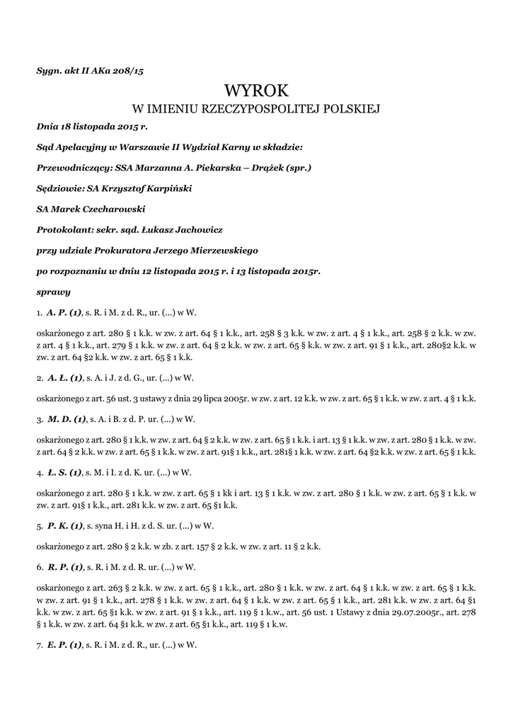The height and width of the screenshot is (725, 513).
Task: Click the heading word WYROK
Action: tap(256, 91)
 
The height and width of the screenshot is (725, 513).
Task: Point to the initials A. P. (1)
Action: tap(65, 312)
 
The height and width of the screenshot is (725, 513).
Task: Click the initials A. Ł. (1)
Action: tap(65, 377)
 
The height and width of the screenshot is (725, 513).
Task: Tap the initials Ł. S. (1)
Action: tap(64, 472)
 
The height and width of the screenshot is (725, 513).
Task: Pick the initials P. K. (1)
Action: tap(65, 525)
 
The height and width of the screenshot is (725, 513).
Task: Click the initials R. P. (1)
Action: tap(66, 566)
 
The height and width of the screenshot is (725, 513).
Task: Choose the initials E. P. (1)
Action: tap(66, 644)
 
